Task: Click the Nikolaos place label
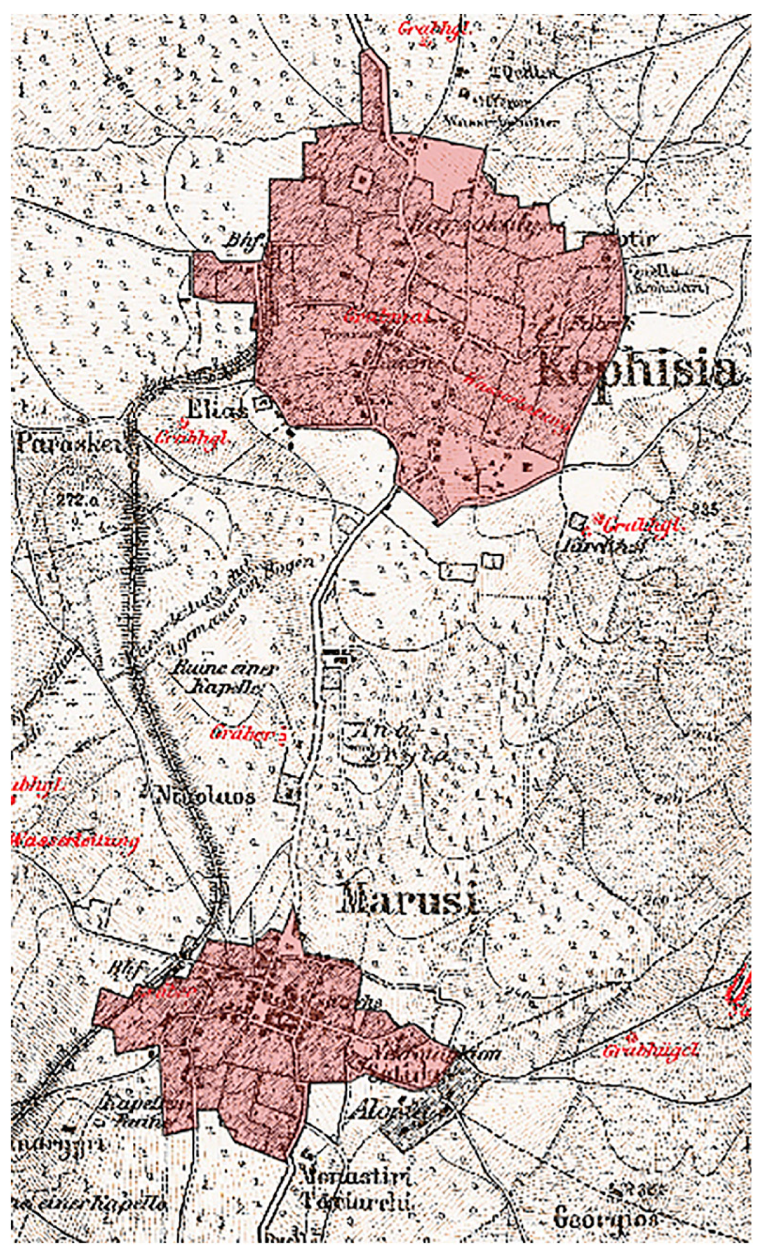(x=205, y=796)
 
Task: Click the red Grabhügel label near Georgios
(x=650, y=1051)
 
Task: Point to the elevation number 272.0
(x=78, y=500)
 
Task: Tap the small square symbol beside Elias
(x=260, y=405)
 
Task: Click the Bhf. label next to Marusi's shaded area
(x=120, y=968)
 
